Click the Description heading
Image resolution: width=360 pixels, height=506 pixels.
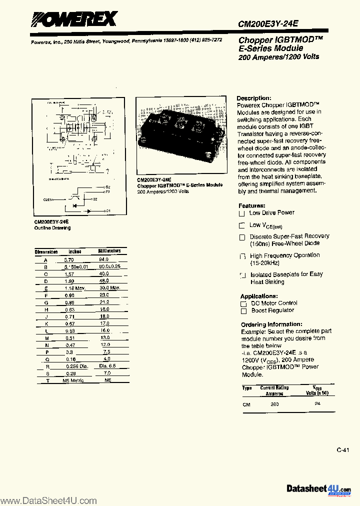point(254,98)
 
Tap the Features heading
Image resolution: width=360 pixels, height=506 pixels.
point(251,205)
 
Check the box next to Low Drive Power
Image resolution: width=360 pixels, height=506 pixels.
point(242,213)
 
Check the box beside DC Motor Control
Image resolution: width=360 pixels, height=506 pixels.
point(243,303)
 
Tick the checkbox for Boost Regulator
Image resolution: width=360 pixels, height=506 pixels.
point(243,311)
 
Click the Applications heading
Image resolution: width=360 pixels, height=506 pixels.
point(258,296)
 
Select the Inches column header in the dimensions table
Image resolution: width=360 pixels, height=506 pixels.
point(74,251)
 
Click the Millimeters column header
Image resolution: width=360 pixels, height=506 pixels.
point(109,251)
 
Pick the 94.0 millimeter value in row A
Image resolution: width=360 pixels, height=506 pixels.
point(103,260)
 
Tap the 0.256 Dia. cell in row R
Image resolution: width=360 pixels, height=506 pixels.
point(77,366)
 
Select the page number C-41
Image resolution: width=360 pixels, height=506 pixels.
point(342,450)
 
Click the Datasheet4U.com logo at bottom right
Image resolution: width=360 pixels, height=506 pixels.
point(318,488)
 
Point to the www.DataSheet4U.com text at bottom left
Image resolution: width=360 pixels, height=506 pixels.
point(48,500)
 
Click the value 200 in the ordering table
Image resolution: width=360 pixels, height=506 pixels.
point(274,403)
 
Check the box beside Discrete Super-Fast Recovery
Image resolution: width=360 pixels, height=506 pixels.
point(242,237)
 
